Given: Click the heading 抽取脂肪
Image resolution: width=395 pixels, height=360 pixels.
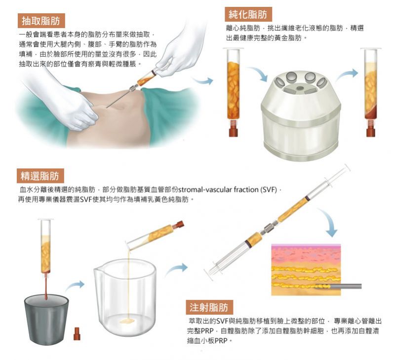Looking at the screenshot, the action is click(x=41, y=21).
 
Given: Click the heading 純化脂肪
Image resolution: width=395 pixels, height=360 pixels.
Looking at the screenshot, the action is click(x=248, y=14).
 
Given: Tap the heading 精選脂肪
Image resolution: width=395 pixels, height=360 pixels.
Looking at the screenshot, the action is click(x=40, y=176).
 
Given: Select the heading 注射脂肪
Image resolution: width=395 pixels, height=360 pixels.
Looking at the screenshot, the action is click(x=209, y=307).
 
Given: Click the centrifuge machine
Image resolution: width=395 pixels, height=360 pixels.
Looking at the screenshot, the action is click(x=300, y=115).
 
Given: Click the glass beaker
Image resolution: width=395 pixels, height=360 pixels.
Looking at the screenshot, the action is click(x=125, y=297).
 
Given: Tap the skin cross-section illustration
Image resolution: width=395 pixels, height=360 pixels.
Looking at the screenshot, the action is click(x=306, y=269).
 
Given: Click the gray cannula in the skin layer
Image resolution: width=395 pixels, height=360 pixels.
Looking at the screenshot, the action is click(x=339, y=286).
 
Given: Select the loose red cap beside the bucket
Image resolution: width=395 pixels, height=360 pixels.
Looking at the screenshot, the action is click(x=77, y=334).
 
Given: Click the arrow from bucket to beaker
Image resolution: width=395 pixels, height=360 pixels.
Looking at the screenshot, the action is click(x=75, y=286).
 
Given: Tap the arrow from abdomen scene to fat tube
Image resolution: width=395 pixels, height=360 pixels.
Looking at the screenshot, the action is click(x=203, y=81).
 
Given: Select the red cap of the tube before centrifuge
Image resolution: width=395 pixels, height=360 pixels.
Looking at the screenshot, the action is click(x=233, y=131).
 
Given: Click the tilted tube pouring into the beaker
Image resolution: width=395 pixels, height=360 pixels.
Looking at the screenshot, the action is click(x=155, y=234).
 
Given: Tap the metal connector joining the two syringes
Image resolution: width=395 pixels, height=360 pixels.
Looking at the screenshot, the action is click(x=269, y=228).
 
